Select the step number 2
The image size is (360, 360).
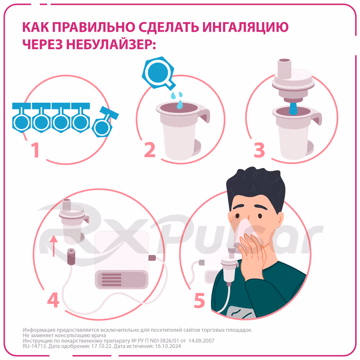[x=149, y=150]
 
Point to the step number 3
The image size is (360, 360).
[x=259, y=150]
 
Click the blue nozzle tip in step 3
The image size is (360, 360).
[x=293, y=109]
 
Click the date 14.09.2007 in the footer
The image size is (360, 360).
[x=201, y=341]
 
